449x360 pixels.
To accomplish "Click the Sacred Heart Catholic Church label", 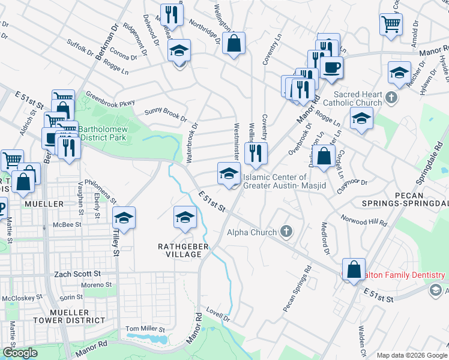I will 358,98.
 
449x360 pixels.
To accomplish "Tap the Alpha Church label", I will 252,232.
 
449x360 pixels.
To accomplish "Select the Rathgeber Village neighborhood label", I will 179,250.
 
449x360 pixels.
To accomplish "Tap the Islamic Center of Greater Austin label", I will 283,181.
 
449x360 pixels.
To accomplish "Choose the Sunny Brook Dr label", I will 162,112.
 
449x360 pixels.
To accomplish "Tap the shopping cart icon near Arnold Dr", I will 391,25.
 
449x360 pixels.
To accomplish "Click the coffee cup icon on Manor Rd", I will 331,67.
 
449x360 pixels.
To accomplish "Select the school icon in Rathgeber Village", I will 185,217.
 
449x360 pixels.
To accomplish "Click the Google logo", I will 20,353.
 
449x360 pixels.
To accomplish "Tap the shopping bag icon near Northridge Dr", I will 234,43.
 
